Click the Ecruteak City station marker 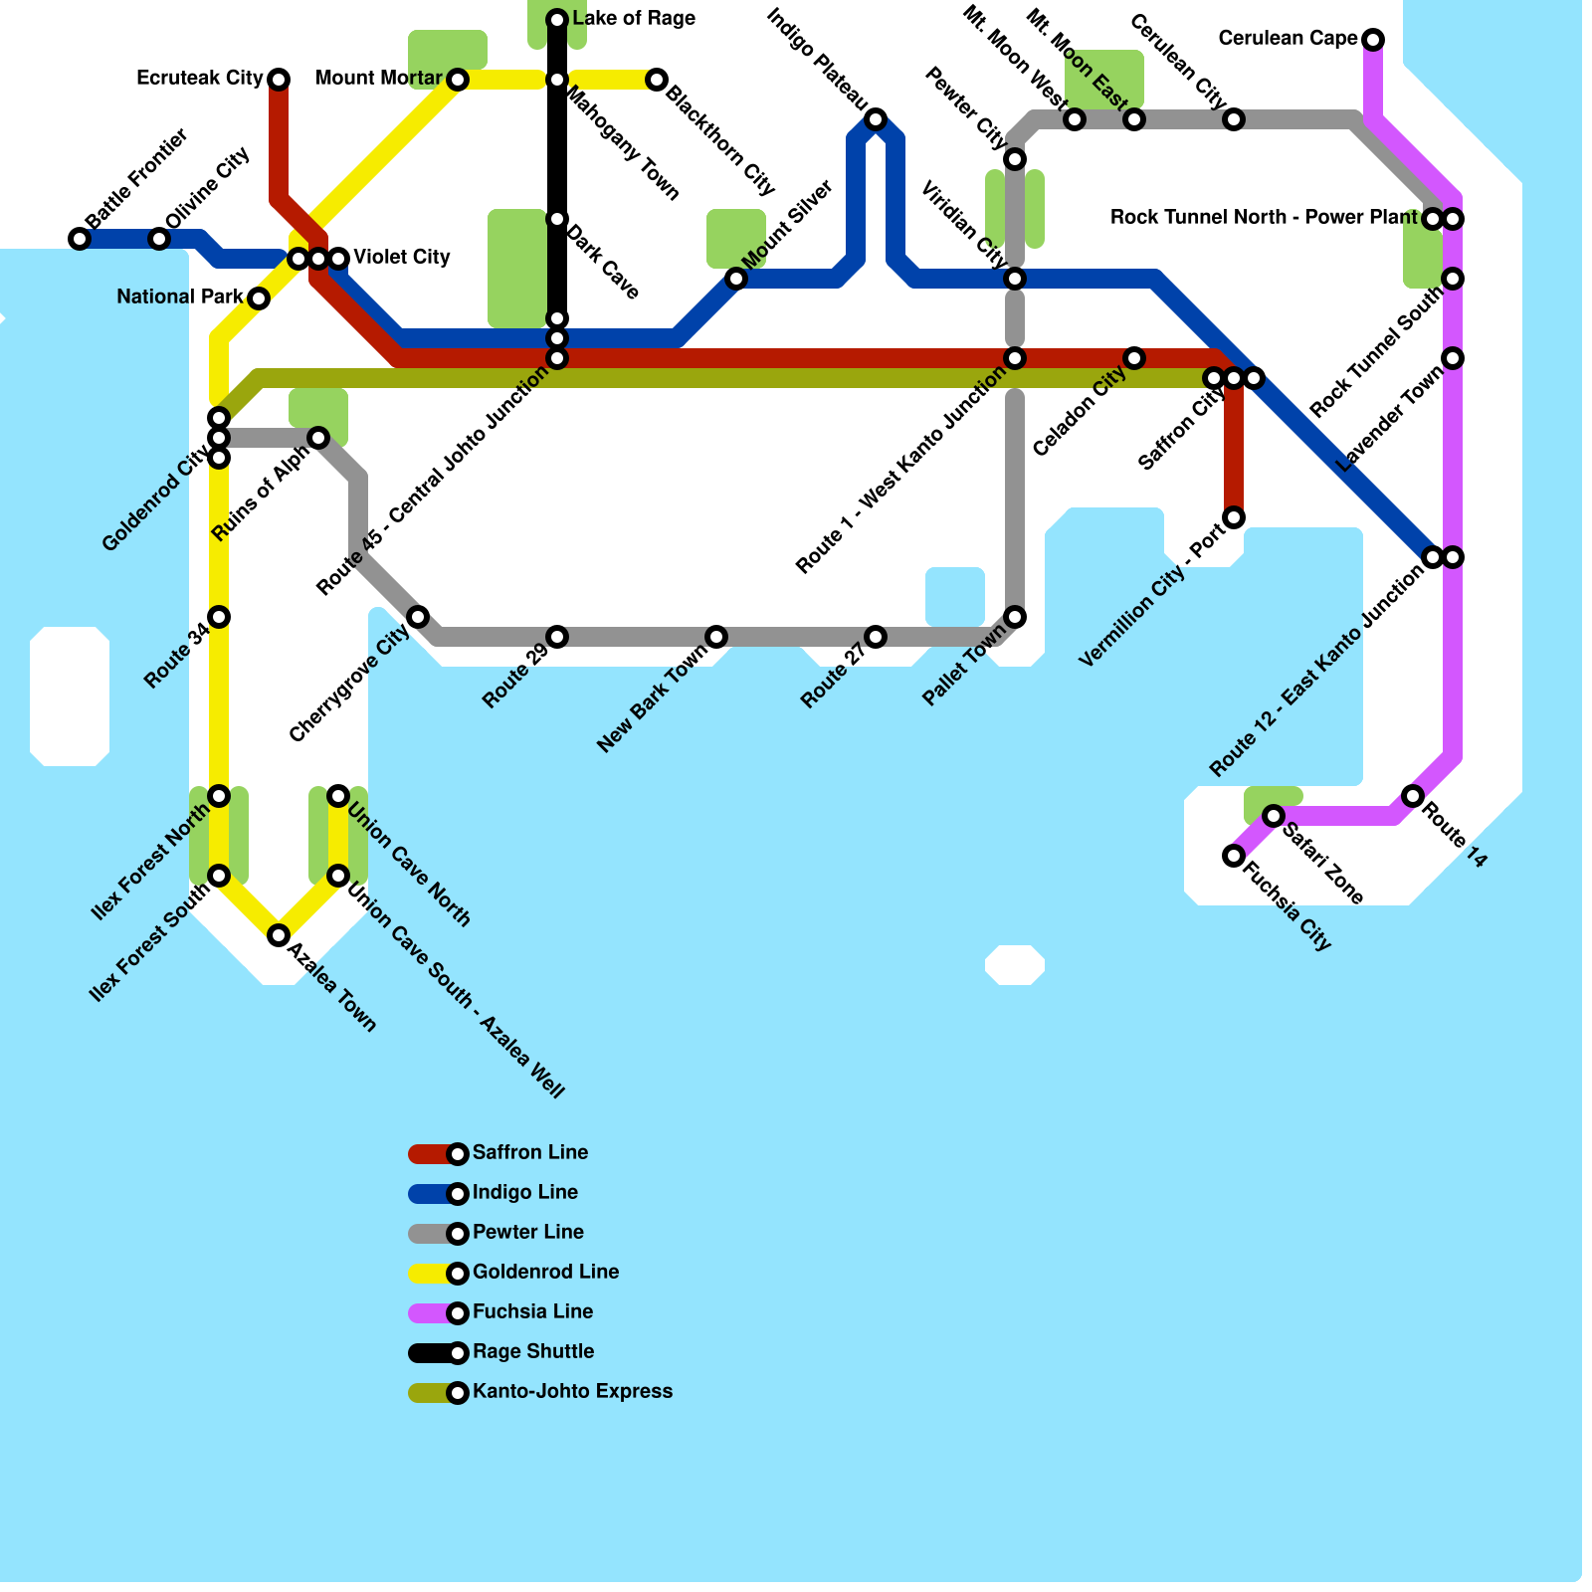(x=279, y=80)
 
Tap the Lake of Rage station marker (x=557, y=20)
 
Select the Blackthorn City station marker (x=657, y=80)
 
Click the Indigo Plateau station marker (x=876, y=119)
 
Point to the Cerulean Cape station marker (x=1373, y=40)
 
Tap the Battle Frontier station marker (x=80, y=239)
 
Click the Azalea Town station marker (x=279, y=935)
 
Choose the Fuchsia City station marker (x=1234, y=856)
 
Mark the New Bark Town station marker (x=716, y=637)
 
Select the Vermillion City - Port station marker (x=1234, y=517)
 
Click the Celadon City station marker (x=1134, y=358)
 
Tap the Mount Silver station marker (x=736, y=279)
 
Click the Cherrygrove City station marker (x=418, y=617)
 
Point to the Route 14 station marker (x=1413, y=796)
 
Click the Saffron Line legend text (x=530, y=1153)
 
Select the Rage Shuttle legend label (x=533, y=1352)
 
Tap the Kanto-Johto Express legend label (x=572, y=1392)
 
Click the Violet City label (x=402, y=258)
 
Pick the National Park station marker (x=259, y=298)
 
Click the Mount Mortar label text (x=378, y=79)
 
